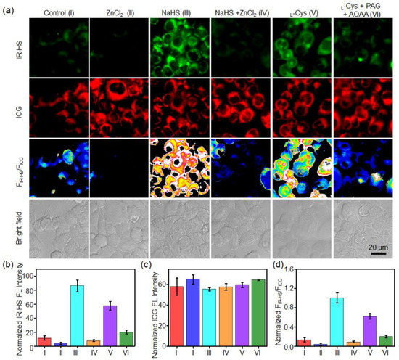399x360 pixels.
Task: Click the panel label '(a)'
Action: (9, 7)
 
